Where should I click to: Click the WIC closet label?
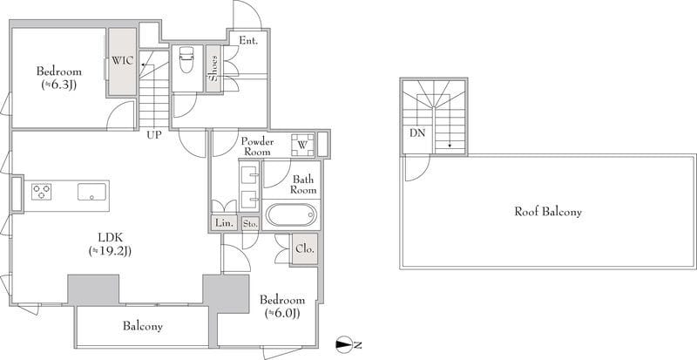pyautogui.click(x=122, y=61)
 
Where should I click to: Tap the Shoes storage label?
pyautogui.click(x=213, y=69)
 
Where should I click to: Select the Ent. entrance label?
pyautogui.click(x=248, y=40)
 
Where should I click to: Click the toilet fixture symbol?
pyautogui.click(x=185, y=59)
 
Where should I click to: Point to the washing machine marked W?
pyautogui.click(x=302, y=145)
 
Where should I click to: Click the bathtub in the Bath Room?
pyautogui.click(x=291, y=215)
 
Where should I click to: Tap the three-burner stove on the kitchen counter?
pyautogui.click(x=41, y=192)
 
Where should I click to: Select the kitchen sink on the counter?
pyautogui.click(x=92, y=192)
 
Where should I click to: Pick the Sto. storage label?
pyautogui.click(x=250, y=224)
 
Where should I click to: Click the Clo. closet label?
pyautogui.click(x=305, y=248)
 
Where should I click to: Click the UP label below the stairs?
pyautogui.click(x=154, y=134)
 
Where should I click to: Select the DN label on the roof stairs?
pyautogui.click(x=418, y=132)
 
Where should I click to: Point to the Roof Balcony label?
pyautogui.click(x=548, y=211)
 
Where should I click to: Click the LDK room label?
pyautogui.click(x=110, y=237)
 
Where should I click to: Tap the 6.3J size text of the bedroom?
pyautogui.click(x=59, y=85)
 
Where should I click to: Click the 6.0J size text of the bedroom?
pyautogui.click(x=282, y=314)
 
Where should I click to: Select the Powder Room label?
pyautogui.click(x=257, y=146)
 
